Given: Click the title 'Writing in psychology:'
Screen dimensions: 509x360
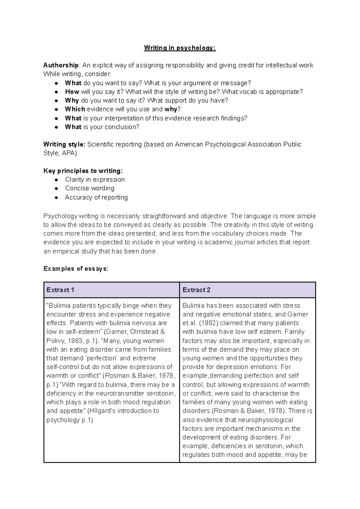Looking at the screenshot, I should point(180,48).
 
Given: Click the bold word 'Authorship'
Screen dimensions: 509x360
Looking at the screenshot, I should point(61,65).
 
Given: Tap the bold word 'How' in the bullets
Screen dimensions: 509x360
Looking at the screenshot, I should point(72,92).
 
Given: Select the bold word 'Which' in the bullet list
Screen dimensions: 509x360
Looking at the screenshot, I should point(75,109).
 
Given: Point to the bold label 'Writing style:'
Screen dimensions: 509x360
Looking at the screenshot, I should point(64,145).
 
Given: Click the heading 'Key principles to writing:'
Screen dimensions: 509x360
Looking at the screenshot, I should point(83,171).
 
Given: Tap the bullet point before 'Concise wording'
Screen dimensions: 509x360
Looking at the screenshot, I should point(56,189).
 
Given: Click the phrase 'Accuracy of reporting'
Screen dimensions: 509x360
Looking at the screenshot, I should point(96,197).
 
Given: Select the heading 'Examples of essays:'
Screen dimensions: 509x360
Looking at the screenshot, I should point(76,269).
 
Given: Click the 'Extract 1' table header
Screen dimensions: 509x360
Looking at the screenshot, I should point(60,290).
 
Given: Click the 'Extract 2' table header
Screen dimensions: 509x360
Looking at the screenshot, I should point(196,290).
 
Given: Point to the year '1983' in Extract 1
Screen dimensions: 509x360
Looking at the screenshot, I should point(75,341).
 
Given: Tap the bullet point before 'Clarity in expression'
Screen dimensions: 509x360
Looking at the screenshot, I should point(56,180).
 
